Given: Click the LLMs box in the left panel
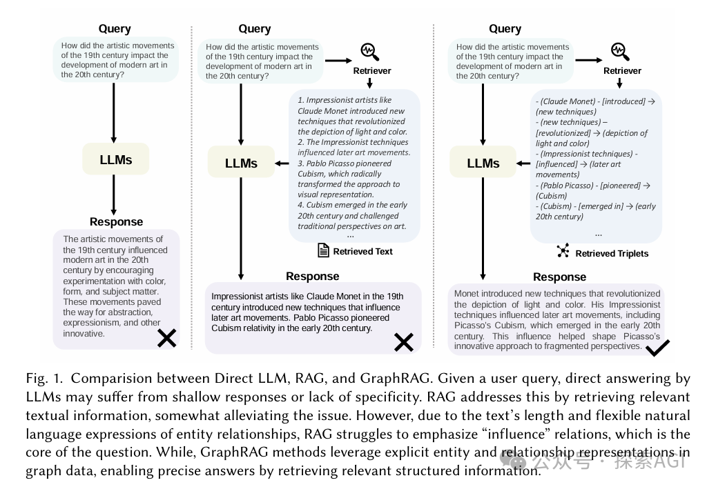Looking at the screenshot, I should pos(115,159).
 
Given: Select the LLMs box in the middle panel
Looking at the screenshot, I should pos(241,163).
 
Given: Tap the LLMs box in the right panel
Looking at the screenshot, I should pos(483,163).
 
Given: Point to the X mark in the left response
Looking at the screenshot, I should pos(166,337).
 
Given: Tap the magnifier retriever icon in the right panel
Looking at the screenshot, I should pos(620,51).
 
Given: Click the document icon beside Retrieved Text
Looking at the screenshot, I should pos(323,250).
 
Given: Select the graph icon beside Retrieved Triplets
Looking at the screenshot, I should pos(563,252).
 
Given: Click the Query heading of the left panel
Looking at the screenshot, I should pos(115,28).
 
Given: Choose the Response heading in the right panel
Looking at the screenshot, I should pos(559,277).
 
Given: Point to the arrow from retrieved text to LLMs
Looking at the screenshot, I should pos(282,163).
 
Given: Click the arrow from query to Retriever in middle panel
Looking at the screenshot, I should pos(338,60).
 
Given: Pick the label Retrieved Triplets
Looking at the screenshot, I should pos(612,253).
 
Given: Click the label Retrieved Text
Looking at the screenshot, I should pos(362,252).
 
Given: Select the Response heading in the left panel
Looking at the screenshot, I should pos(116,221).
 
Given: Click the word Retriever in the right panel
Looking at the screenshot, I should pos(622,70).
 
